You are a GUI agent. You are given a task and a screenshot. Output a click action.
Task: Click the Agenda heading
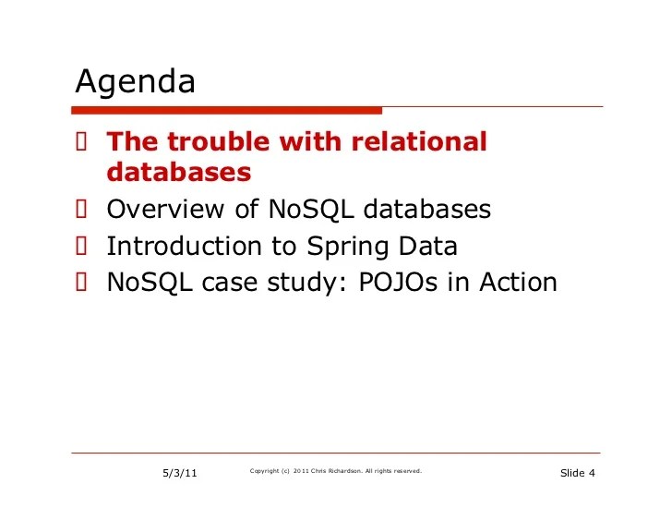(x=136, y=83)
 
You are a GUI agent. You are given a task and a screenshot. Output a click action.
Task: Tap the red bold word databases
(x=179, y=173)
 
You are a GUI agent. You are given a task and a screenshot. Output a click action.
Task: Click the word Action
(x=518, y=282)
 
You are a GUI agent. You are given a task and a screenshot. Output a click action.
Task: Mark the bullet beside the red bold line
(x=81, y=142)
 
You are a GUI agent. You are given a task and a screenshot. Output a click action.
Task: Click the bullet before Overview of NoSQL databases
(x=81, y=210)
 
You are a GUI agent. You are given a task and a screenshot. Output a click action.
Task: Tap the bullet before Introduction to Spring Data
(x=81, y=247)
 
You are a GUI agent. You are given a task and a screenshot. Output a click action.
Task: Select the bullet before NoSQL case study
(x=81, y=282)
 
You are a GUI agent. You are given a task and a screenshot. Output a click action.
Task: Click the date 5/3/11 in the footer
(x=180, y=474)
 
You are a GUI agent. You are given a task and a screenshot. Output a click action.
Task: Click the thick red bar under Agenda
(x=228, y=110)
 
